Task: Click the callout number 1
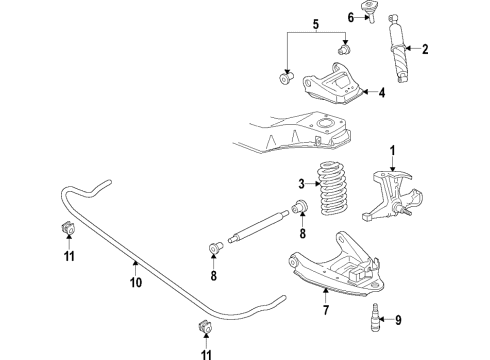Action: click(x=392, y=150)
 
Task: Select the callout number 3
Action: click(x=301, y=183)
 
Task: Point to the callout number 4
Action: click(x=381, y=94)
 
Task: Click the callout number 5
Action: click(x=314, y=24)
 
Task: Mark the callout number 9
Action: click(x=399, y=320)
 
